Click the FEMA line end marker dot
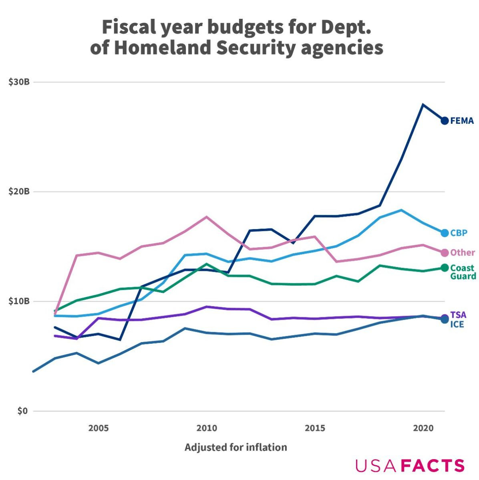[445, 121]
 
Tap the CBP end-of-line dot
[445, 233]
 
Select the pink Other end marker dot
[445, 252]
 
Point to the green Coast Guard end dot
[445, 268]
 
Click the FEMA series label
[462, 121]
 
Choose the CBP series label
[459, 233]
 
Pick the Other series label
[463, 252]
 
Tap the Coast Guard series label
[463, 272]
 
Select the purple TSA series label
[459, 315]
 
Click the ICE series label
[457, 324]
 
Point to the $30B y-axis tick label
[19, 82]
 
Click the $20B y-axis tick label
[19, 192]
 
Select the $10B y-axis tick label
[19, 301]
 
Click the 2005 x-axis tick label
[99, 428]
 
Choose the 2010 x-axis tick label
[207, 428]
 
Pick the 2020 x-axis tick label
[423, 428]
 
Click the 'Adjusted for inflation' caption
[235, 447]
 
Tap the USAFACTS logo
[410, 466]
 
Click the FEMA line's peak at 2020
[423, 105]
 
